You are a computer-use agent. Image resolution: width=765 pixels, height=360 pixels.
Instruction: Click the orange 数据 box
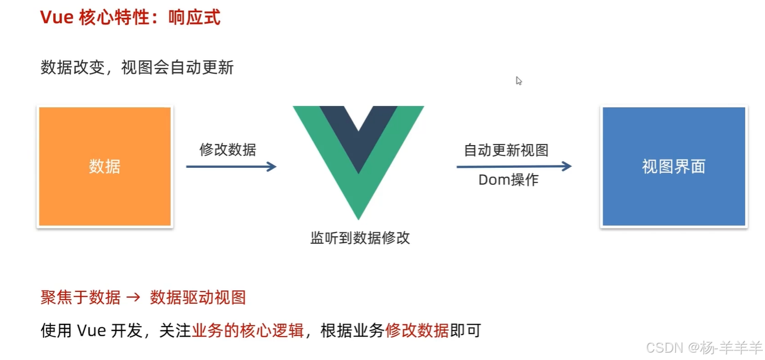tap(104, 167)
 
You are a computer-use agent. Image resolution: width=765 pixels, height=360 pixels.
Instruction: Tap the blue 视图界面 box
tap(674, 167)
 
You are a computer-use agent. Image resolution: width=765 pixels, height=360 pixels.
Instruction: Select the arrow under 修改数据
tap(231, 167)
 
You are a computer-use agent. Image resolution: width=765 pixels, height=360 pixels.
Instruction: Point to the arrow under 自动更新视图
tap(514, 166)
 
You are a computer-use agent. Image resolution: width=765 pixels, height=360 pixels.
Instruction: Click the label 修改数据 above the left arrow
tap(227, 150)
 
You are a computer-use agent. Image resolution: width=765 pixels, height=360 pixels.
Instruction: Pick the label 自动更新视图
tap(506, 150)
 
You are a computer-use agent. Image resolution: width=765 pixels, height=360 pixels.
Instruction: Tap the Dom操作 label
tap(508, 180)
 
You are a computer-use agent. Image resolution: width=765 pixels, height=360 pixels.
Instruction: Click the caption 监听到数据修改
tap(360, 238)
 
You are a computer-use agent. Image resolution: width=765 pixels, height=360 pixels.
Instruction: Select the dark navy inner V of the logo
tap(358, 130)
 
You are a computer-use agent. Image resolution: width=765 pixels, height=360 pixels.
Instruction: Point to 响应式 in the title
tap(195, 18)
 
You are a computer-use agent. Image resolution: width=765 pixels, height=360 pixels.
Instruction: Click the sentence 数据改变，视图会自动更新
tap(137, 68)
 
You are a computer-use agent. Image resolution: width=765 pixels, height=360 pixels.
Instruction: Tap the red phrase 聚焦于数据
tap(81, 297)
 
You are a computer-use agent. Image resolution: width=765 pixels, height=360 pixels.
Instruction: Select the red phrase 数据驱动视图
tap(197, 297)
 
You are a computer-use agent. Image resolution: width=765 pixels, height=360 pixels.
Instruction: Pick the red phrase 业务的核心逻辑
tap(248, 331)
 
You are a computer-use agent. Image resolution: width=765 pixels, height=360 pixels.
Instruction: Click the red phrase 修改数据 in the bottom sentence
tap(417, 331)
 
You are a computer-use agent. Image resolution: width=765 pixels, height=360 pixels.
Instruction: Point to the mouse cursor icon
tap(518, 81)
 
